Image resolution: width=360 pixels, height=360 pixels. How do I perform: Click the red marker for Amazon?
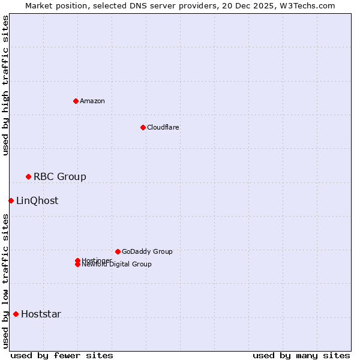(76, 101)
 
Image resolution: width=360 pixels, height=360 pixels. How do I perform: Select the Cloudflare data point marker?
(143, 127)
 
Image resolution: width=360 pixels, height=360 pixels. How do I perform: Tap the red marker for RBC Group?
(28, 176)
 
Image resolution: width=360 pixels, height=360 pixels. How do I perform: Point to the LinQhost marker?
(11, 200)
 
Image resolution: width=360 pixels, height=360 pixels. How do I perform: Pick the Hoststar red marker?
(16, 314)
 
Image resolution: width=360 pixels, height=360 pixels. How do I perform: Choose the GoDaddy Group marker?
(118, 251)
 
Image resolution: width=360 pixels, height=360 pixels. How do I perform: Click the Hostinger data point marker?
(77, 260)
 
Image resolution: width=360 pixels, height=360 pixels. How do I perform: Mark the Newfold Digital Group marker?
(77, 265)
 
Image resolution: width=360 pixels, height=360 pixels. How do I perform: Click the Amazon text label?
(92, 101)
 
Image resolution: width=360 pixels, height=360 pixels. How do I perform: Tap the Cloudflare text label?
(163, 127)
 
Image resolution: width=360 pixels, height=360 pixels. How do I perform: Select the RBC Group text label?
(60, 176)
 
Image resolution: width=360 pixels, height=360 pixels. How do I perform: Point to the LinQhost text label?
(37, 200)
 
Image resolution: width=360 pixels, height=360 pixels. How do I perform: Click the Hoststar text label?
(41, 314)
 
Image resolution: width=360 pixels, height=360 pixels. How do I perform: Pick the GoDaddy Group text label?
(147, 251)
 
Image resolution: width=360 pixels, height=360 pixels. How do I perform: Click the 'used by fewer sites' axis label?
(62, 355)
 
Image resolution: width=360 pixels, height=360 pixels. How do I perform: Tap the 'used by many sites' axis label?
(301, 355)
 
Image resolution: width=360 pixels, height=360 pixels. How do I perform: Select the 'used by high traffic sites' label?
(6, 86)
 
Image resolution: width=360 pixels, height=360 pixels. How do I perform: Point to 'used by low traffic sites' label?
(6, 280)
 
